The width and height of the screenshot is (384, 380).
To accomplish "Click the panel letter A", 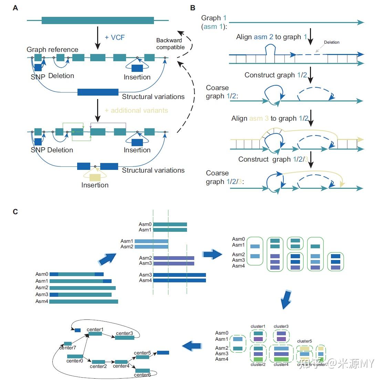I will coord(15,8).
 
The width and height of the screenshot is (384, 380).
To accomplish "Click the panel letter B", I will coord(193,8).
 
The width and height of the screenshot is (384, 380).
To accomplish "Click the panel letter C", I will coord(15,211).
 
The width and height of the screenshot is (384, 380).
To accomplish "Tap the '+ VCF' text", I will coord(115,37).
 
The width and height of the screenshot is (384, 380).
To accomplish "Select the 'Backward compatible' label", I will coord(170,44).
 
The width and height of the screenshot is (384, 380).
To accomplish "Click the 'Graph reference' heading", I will coord(52,50).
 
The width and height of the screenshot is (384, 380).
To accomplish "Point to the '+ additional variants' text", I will coord(136,110).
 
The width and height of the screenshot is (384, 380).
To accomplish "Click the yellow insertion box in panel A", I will coord(95,177).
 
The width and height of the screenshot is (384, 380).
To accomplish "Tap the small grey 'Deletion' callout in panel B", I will coord(332,42).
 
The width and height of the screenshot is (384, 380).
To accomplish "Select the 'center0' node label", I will coord(74,361).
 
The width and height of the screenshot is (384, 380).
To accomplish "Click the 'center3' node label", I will coord(124,333).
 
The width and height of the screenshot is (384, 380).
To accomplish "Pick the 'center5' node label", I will coord(142,353).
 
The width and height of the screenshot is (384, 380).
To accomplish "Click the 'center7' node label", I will coord(68,348).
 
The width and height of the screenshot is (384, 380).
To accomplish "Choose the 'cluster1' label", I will coord(258,326).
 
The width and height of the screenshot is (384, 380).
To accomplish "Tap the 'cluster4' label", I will coord(281,365).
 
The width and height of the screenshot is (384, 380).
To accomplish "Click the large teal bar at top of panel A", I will coord(98,21).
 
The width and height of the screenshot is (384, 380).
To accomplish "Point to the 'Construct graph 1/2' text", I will coord(276,75).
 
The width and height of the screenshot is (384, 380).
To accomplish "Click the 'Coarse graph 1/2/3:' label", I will coord(225,177).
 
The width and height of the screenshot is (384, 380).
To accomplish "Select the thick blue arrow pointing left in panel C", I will coord(191,346).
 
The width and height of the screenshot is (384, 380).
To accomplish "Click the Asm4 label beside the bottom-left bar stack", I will coord(42,301).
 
